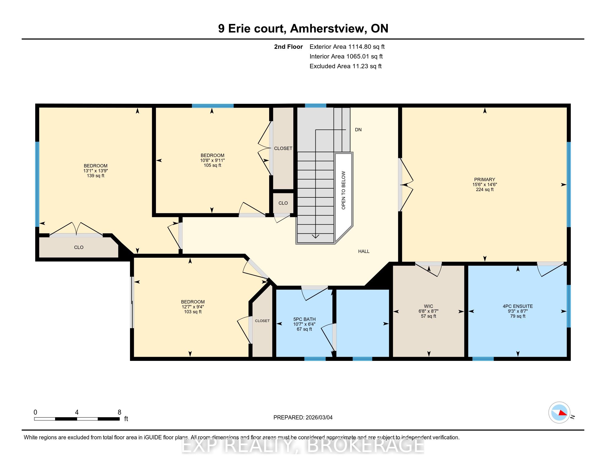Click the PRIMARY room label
(485, 179)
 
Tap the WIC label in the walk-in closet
(429, 306)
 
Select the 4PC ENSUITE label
(518, 306)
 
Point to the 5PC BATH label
(304, 319)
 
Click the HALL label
(364, 251)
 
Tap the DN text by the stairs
(358, 129)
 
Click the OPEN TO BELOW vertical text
(343, 190)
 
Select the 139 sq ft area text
(96, 176)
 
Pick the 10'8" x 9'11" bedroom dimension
(213, 160)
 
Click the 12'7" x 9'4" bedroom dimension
(193, 307)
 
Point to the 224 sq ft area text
(485, 189)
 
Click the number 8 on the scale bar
(120, 412)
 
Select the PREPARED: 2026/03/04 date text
(303, 418)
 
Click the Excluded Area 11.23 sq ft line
(346, 66)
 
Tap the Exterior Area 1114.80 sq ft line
(347, 47)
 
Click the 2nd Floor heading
(288, 47)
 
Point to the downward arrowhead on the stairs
(315, 236)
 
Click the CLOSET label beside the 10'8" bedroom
(283, 148)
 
